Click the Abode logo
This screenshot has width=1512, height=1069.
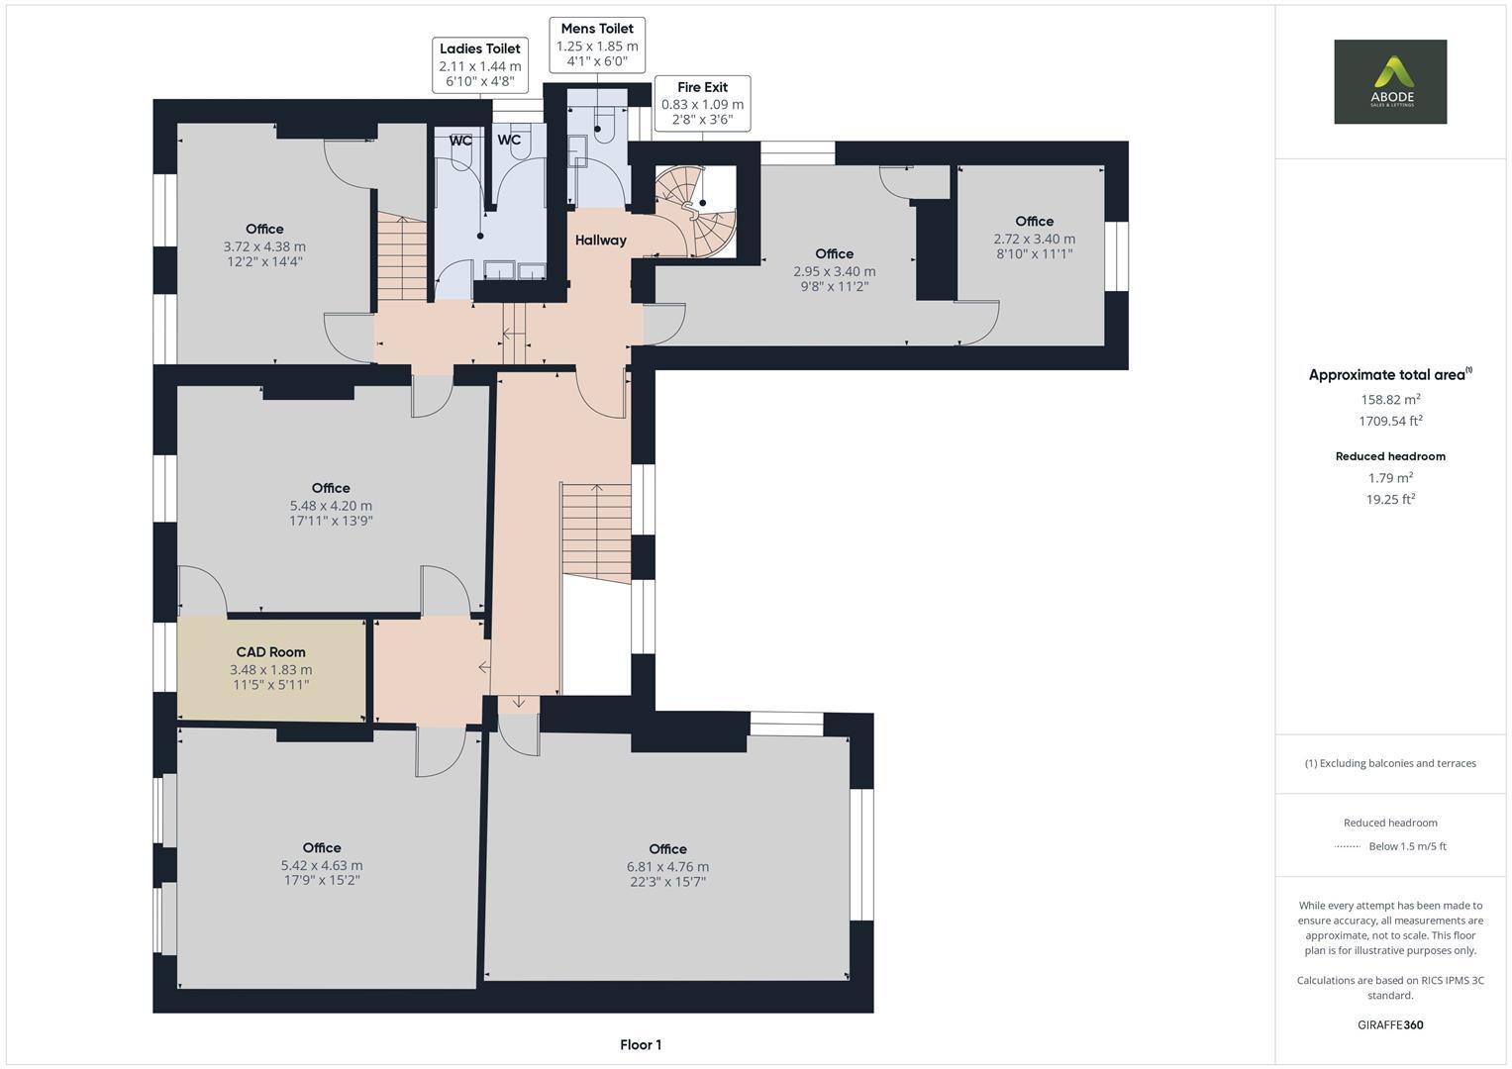tap(1389, 81)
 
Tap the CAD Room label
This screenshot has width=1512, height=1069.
tap(270, 652)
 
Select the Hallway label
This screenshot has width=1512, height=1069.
tap(600, 240)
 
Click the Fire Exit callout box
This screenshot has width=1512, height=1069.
tap(702, 103)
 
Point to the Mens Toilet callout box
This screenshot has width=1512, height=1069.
tap(596, 45)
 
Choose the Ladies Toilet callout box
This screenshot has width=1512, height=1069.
tap(479, 65)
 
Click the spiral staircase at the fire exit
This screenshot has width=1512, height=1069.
tap(696, 210)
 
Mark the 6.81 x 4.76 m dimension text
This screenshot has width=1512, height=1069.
tap(667, 866)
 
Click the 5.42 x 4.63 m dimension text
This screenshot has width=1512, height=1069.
tap(322, 865)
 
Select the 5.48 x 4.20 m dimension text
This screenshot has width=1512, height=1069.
tap(331, 505)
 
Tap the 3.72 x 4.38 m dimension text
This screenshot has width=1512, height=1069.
tap(264, 246)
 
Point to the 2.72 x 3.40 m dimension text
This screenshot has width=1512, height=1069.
tap(1034, 239)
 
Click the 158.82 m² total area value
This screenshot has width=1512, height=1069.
tap(1390, 399)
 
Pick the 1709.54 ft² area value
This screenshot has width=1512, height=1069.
tap(1390, 421)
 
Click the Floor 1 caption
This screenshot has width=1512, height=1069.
tap(641, 1044)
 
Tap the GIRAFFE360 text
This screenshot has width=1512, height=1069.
tap(1390, 1024)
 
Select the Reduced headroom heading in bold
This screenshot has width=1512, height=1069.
tap(1390, 456)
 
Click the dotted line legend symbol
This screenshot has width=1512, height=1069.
tap(1348, 846)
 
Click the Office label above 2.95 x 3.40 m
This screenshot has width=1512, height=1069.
tap(834, 253)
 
